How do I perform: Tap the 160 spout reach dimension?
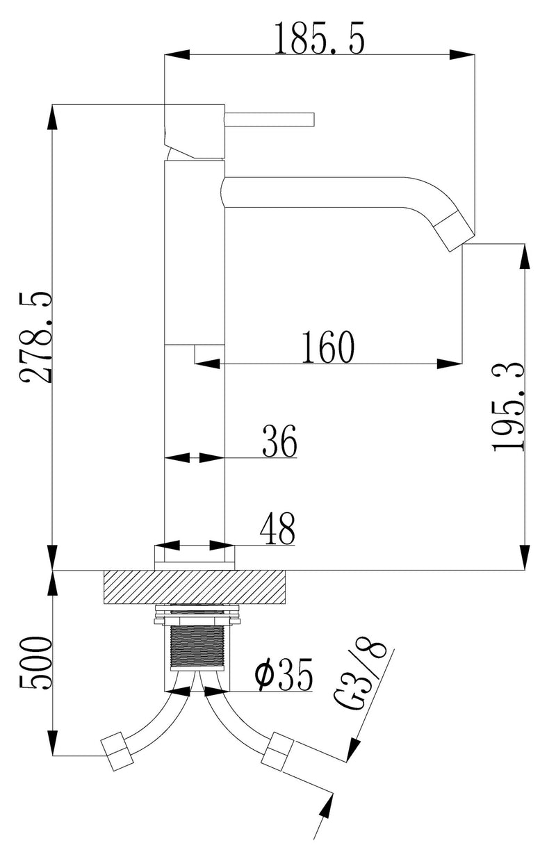[x=327, y=347]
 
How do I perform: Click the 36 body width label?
[x=279, y=442]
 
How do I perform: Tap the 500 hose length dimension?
[x=37, y=662]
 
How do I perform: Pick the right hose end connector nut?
[x=277, y=751]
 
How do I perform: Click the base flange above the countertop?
[x=194, y=557]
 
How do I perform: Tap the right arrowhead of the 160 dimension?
[x=449, y=363]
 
